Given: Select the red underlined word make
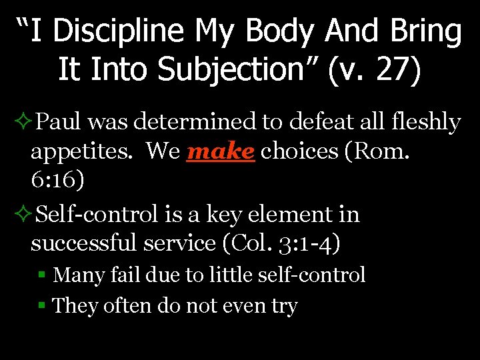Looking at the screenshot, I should [221, 151].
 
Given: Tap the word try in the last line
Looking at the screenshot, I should [284, 307].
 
